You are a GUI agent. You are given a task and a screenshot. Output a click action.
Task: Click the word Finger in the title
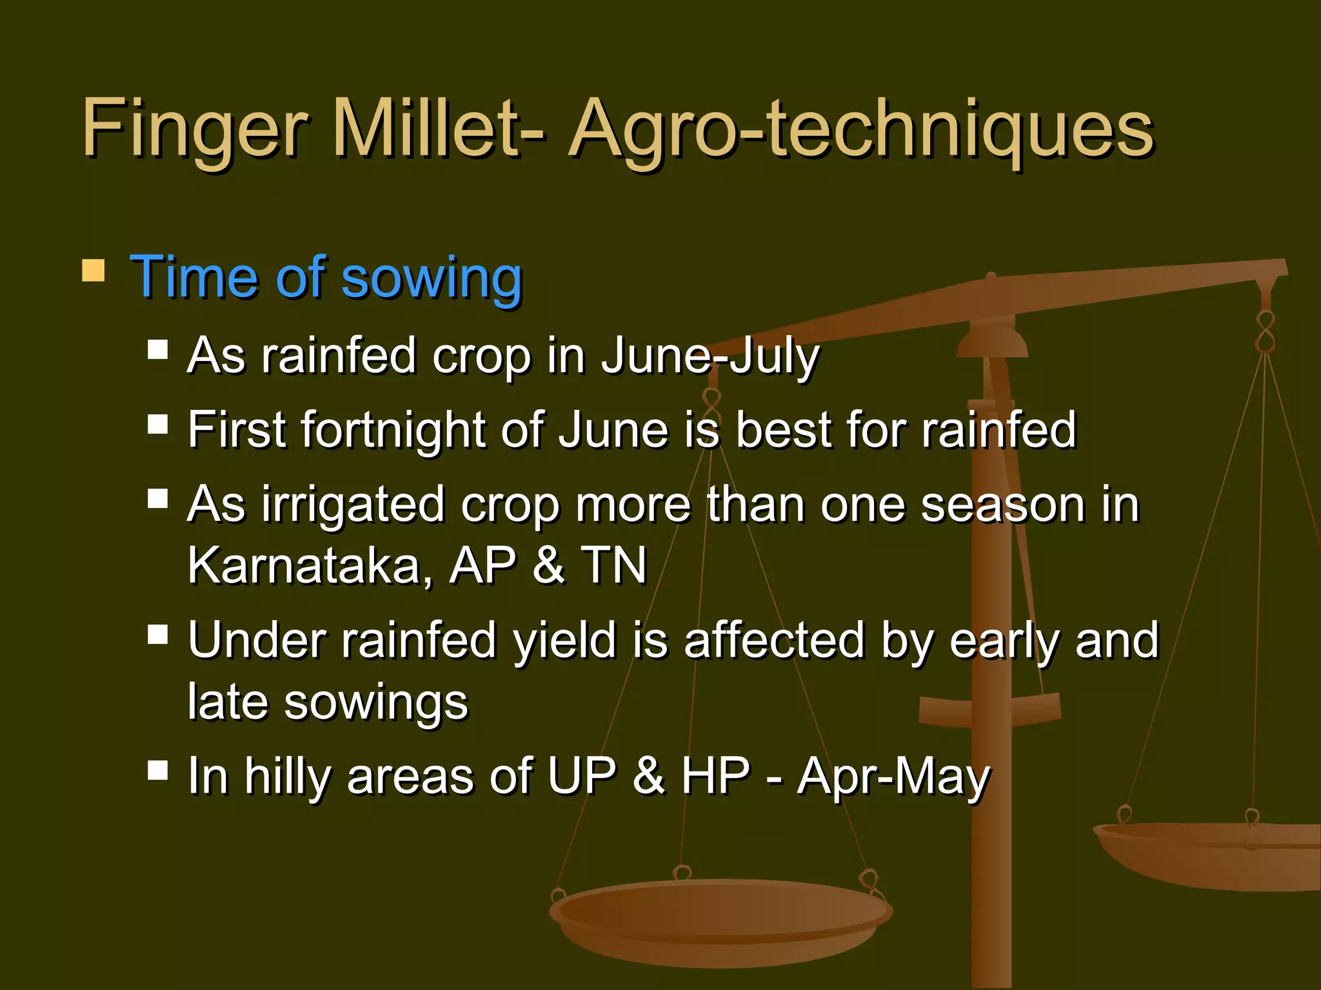pyautogui.click(x=194, y=129)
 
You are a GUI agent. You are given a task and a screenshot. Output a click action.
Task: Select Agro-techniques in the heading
pyautogui.click(x=861, y=129)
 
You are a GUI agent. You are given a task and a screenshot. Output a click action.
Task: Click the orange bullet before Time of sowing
pyautogui.click(x=94, y=271)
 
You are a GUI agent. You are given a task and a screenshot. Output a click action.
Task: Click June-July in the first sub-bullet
pyautogui.click(x=710, y=356)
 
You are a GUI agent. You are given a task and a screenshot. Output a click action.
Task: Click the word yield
pyautogui.click(x=565, y=641)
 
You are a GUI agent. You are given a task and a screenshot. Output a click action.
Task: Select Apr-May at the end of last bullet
pyautogui.click(x=893, y=777)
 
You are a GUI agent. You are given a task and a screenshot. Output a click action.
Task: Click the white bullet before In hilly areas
pyautogui.click(x=157, y=770)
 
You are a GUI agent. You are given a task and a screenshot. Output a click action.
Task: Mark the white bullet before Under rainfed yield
pyautogui.click(x=157, y=634)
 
